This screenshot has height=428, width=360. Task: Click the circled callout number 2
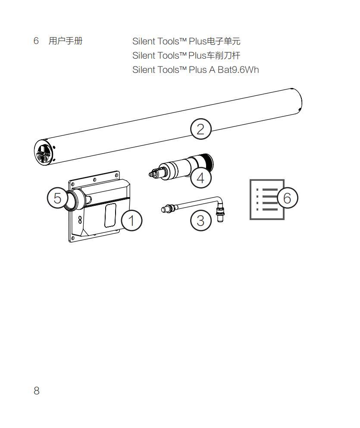point(201,129)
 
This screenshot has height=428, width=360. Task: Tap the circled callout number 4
point(201,177)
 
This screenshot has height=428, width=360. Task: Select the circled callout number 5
point(57,198)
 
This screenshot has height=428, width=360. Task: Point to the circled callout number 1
point(131,220)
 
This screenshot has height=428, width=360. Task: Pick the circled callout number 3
point(201,220)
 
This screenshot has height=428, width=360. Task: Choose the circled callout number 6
point(287,198)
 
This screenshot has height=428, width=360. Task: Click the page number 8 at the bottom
point(37,391)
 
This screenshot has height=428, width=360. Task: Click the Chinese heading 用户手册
point(66,41)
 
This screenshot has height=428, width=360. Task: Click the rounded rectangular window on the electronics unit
point(110,215)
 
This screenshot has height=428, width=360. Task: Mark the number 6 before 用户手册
point(36,41)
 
